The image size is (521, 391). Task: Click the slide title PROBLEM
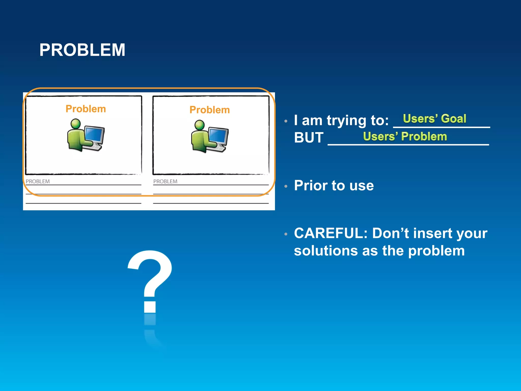(82, 50)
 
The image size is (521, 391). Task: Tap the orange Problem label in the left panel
(86, 109)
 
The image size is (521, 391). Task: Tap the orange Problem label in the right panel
(210, 110)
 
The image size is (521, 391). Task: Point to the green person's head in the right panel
(199, 125)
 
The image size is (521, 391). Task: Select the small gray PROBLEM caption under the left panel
(38, 181)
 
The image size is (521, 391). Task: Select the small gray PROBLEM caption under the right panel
(165, 181)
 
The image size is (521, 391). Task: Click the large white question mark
(150, 280)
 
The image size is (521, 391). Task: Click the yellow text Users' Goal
(435, 119)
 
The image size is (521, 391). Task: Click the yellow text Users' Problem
(405, 136)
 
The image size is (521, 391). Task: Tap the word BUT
(309, 138)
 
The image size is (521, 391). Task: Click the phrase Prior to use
(334, 185)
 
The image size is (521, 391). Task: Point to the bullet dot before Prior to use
(286, 186)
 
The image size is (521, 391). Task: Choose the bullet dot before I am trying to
(286, 121)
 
